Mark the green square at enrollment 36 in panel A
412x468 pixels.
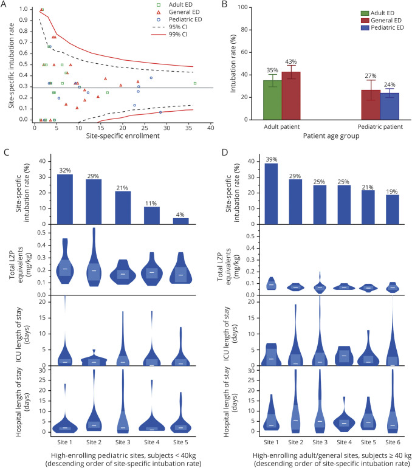click(194, 83)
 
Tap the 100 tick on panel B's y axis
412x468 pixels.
click(250, 7)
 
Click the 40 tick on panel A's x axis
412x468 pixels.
click(211, 128)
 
